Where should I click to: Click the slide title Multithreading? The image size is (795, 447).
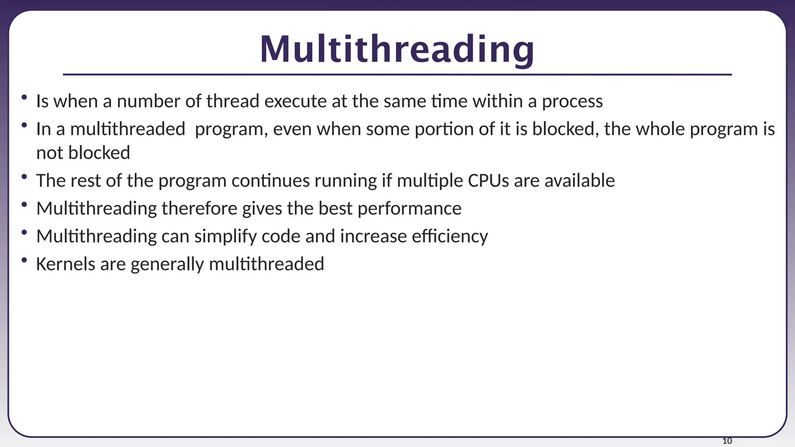pyautogui.click(x=397, y=50)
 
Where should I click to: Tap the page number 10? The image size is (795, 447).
pyautogui.click(x=727, y=441)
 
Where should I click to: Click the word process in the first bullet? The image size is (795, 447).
pyautogui.click(x=572, y=102)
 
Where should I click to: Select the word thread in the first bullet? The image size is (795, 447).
pyautogui.click(x=233, y=101)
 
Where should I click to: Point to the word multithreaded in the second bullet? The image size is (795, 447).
pyautogui.click(x=128, y=129)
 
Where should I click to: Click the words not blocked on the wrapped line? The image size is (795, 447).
pyautogui.click(x=83, y=153)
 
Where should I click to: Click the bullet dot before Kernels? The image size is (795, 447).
pyautogui.click(x=24, y=260)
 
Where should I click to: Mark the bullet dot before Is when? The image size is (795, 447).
pyautogui.click(x=24, y=97)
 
